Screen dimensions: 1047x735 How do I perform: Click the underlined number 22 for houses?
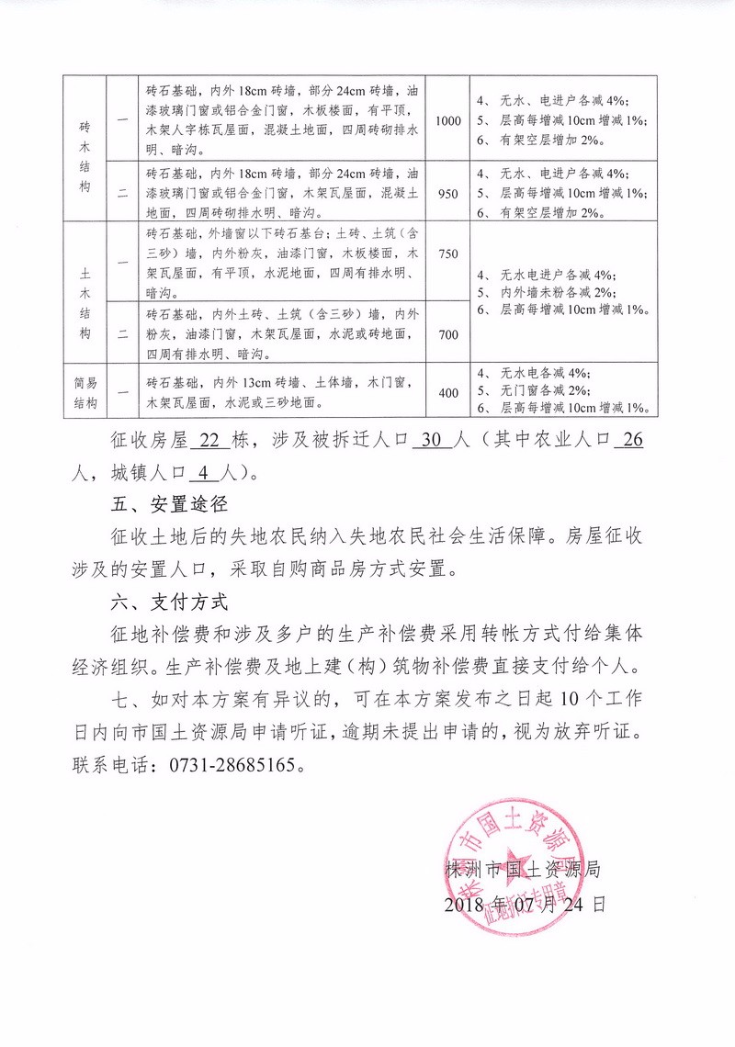[210, 440]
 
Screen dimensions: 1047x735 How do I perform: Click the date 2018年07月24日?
[523, 904]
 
